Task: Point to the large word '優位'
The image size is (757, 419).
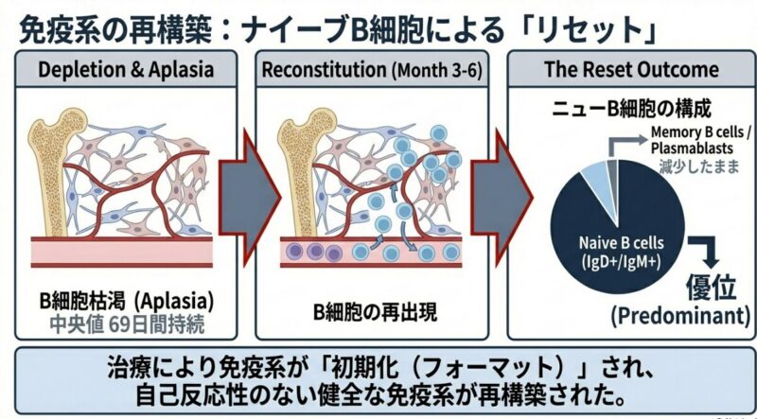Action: (x=708, y=283)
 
